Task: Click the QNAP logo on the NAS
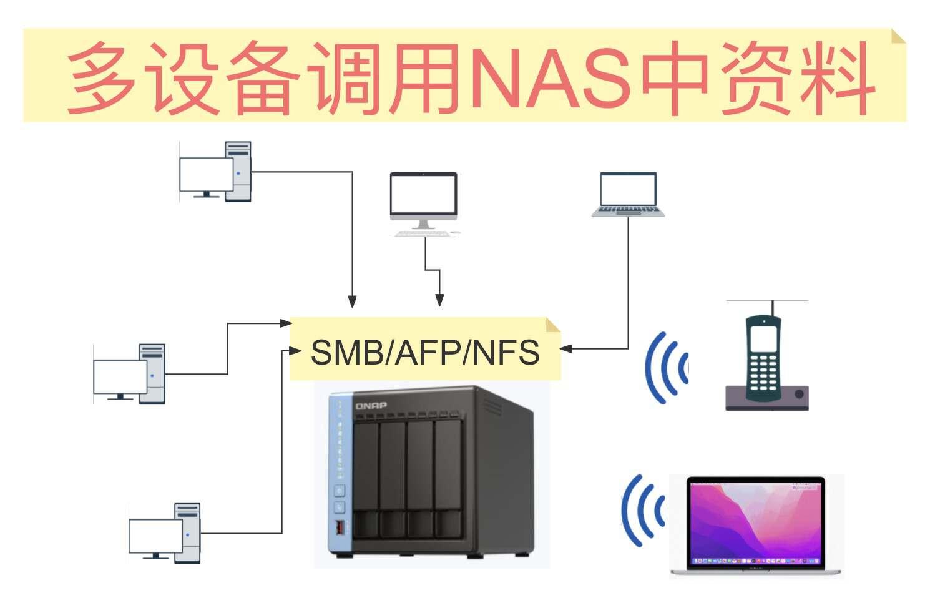tap(371, 406)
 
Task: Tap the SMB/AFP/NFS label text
tap(425, 352)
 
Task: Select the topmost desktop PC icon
tap(216, 172)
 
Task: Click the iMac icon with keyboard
tap(424, 203)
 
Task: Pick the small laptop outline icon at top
tap(628, 194)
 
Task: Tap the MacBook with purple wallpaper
tap(756, 524)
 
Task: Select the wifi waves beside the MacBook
tap(643, 511)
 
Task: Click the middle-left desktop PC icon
tap(130, 374)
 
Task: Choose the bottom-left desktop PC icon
tap(165, 533)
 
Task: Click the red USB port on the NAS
tap(340, 527)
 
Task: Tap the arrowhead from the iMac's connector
tap(439, 300)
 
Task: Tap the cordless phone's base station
tap(766, 398)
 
